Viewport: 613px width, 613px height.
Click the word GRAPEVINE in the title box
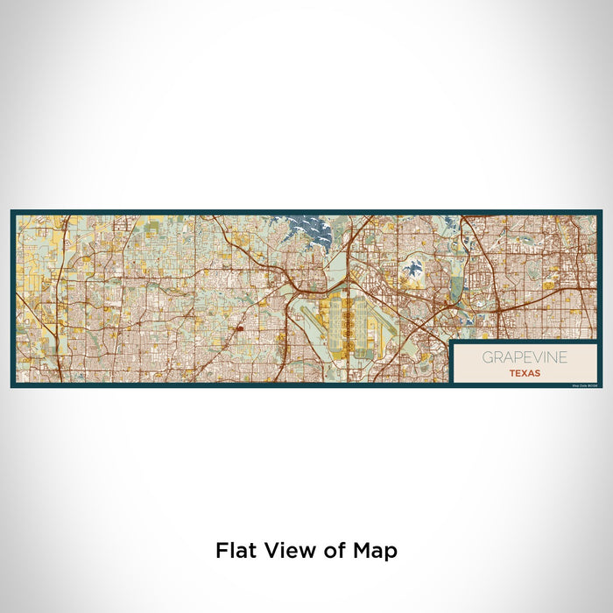[x=524, y=357]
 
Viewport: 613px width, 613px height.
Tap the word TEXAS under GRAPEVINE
[x=524, y=372]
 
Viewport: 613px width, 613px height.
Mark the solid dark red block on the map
[x=238, y=328]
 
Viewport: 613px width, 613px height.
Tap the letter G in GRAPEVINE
[x=485, y=357]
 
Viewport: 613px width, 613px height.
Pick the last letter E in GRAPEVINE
[x=562, y=357]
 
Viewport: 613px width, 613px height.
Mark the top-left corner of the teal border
[x=12, y=211]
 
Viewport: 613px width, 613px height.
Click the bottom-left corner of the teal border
[x=12, y=386]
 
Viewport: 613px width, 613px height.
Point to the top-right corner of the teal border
[x=601, y=211]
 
